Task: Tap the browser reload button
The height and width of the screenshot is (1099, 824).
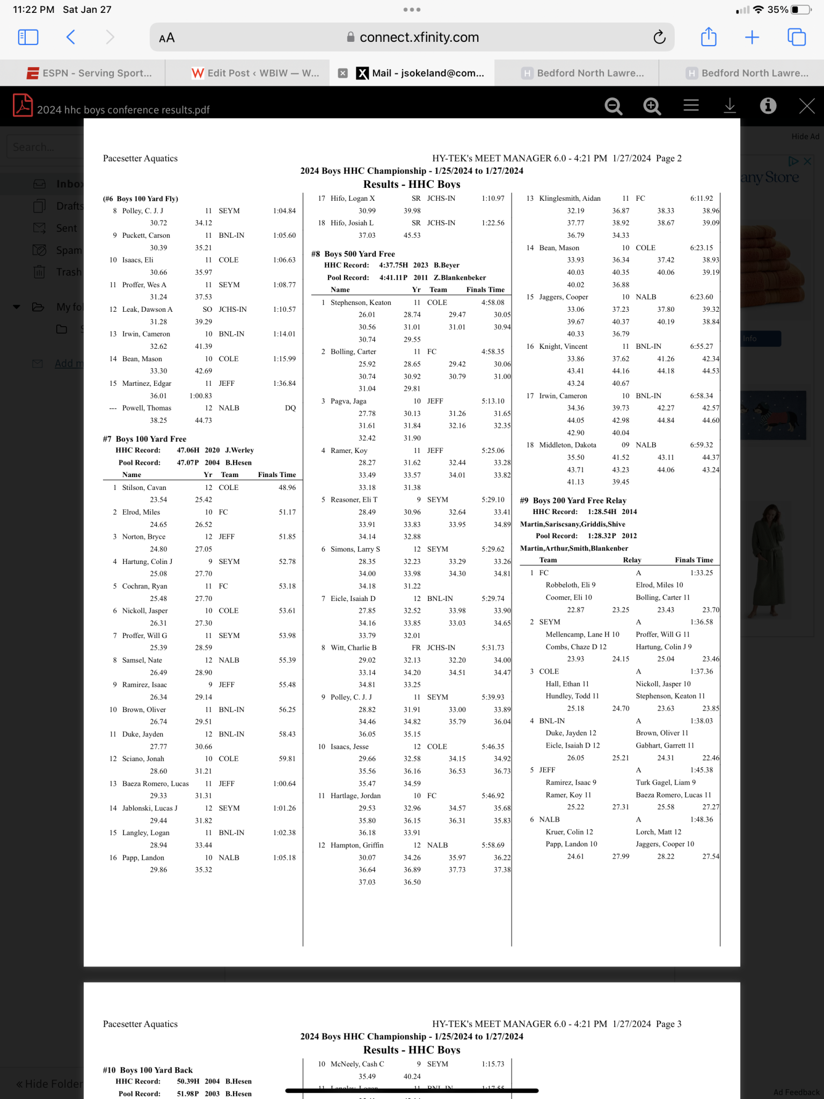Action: point(659,37)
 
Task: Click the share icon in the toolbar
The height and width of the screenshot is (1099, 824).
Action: point(709,37)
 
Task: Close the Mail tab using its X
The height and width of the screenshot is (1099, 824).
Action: point(342,74)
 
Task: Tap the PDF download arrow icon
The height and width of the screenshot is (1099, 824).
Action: point(730,106)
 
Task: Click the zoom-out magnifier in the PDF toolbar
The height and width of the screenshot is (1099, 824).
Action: point(613,106)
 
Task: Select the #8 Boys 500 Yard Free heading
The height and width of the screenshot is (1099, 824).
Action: point(353,254)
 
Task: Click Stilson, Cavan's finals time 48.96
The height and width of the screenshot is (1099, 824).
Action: point(287,487)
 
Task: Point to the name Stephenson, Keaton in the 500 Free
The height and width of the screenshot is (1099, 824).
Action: point(361,303)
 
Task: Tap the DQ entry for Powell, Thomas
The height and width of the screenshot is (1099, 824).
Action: point(290,408)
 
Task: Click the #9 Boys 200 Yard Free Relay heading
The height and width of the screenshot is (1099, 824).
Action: point(573,500)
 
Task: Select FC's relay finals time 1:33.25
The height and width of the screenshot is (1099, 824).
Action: point(702,573)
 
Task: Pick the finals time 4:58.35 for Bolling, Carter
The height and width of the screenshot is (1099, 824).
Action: point(493,351)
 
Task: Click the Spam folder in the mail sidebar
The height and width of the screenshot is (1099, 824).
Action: point(69,250)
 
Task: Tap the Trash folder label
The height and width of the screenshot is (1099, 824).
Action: point(69,272)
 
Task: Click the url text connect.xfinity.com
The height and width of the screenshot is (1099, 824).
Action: point(419,37)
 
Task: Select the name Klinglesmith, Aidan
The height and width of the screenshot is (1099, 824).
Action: point(570,198)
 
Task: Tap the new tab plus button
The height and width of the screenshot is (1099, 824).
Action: point(752,37)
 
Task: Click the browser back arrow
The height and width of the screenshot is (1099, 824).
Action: point(71,37)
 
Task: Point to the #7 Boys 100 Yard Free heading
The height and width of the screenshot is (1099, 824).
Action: point(145,439)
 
